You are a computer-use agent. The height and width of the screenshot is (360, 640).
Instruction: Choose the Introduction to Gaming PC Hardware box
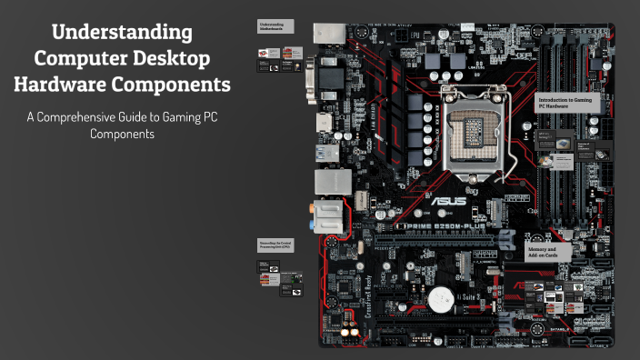(569, 103)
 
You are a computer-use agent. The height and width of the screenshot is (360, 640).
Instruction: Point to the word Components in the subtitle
(123, 134)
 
